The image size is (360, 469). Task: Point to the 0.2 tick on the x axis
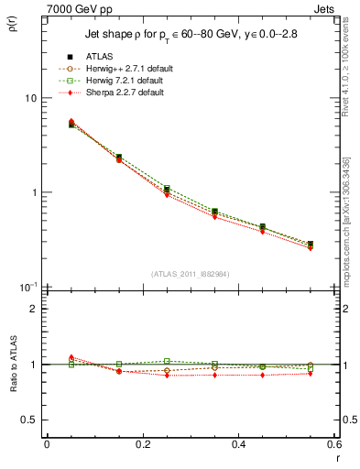pyautogui.click(x=142, y=444)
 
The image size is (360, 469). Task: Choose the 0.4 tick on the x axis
pyautogui.click(x=238, y=444)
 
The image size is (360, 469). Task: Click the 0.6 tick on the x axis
pyautogui.click(x=333, y=444)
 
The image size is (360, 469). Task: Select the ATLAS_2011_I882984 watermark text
pyautogui.click(x=190, y=273)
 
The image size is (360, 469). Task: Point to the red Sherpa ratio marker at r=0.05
pyautogui.click(x=71, y=357)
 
